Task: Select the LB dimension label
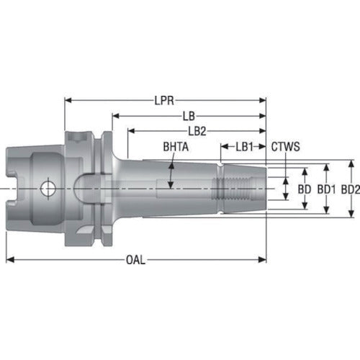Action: point(189,115)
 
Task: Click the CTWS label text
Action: point(286,146)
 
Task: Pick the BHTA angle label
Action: point(176,147)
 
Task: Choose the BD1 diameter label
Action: point(328,189)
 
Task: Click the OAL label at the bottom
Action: point(135,260)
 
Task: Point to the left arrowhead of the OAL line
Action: point(10,260)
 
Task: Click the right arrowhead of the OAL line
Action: point(262,260)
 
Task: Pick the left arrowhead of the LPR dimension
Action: point(68,99)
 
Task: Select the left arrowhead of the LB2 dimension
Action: point(130,130)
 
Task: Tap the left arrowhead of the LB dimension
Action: point(114,115)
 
